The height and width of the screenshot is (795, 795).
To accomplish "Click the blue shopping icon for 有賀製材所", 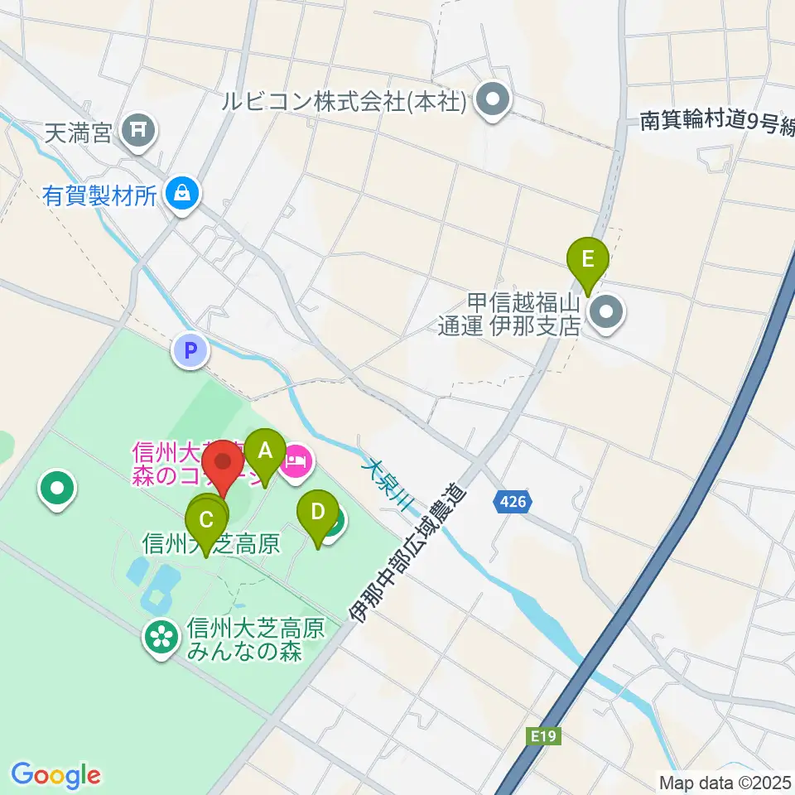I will (x=179, y=195).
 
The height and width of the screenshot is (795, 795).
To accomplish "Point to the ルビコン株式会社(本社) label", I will (x=346, y=102).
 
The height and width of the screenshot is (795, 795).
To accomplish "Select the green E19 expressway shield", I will (x=542, y=735).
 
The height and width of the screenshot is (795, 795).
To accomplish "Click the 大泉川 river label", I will (x=382, y=487).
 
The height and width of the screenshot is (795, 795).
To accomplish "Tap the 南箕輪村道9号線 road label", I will (x=716, y=122).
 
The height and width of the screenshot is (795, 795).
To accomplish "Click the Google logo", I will (x=56, y=774).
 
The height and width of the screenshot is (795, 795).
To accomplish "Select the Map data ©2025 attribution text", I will (x=725, y=781).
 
